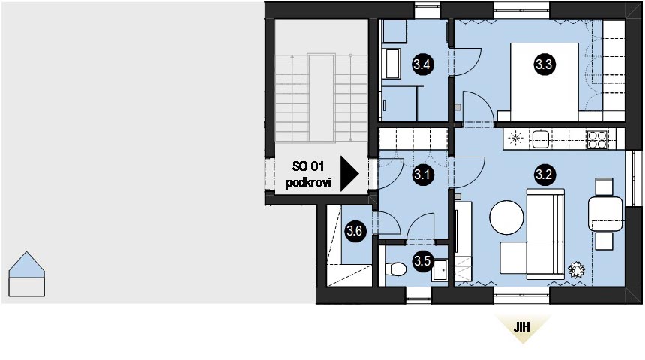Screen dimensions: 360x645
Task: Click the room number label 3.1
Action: point(422,176)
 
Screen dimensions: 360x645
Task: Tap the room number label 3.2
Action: point(543,176)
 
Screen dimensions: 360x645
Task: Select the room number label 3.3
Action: point(543,64)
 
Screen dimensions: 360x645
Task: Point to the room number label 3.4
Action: point(421,64)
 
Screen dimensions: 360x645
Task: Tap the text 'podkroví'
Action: point(307,184)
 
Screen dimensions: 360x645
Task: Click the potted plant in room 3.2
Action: point(577,269)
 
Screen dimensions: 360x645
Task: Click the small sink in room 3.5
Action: point(440,267)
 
